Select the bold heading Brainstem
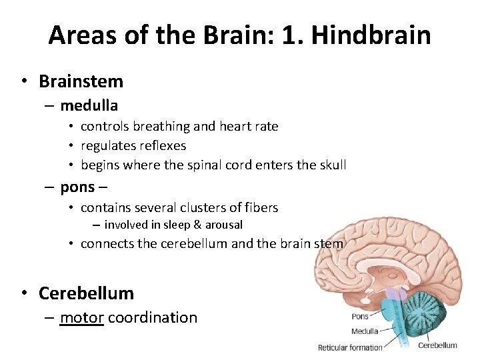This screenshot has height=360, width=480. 81,82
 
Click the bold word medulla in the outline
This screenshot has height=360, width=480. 89,105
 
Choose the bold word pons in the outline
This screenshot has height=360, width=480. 78,187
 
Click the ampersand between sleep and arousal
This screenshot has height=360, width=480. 190,225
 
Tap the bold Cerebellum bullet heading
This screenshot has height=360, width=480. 86,293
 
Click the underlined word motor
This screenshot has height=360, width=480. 81,317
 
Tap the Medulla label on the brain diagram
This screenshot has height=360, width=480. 365,331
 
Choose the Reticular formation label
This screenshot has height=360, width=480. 350,347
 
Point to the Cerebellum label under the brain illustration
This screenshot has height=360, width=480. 437,345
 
